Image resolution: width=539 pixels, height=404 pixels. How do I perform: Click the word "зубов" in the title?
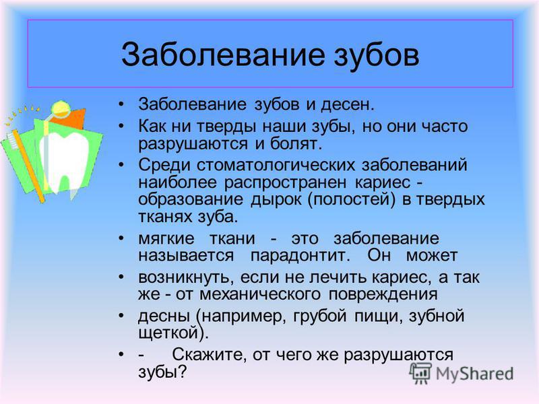(x=377, y=55)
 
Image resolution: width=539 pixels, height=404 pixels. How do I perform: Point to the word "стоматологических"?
(x=276, y=165)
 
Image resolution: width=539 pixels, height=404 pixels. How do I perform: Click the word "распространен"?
(x=285, y=182)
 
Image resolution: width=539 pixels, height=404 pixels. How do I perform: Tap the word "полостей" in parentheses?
(x=350, y=199)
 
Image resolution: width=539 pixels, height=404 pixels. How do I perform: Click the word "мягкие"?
(x=166, y=239)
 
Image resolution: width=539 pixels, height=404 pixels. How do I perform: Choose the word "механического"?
(x=260, y=294)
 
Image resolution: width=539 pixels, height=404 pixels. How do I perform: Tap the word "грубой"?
(x=319, y=316)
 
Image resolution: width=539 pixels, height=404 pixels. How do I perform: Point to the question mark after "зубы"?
(x=183, y=372)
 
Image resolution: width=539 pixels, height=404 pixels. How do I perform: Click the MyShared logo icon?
(x=420, y=374)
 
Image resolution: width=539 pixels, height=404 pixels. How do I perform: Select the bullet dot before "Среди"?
(x=121, y=165)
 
